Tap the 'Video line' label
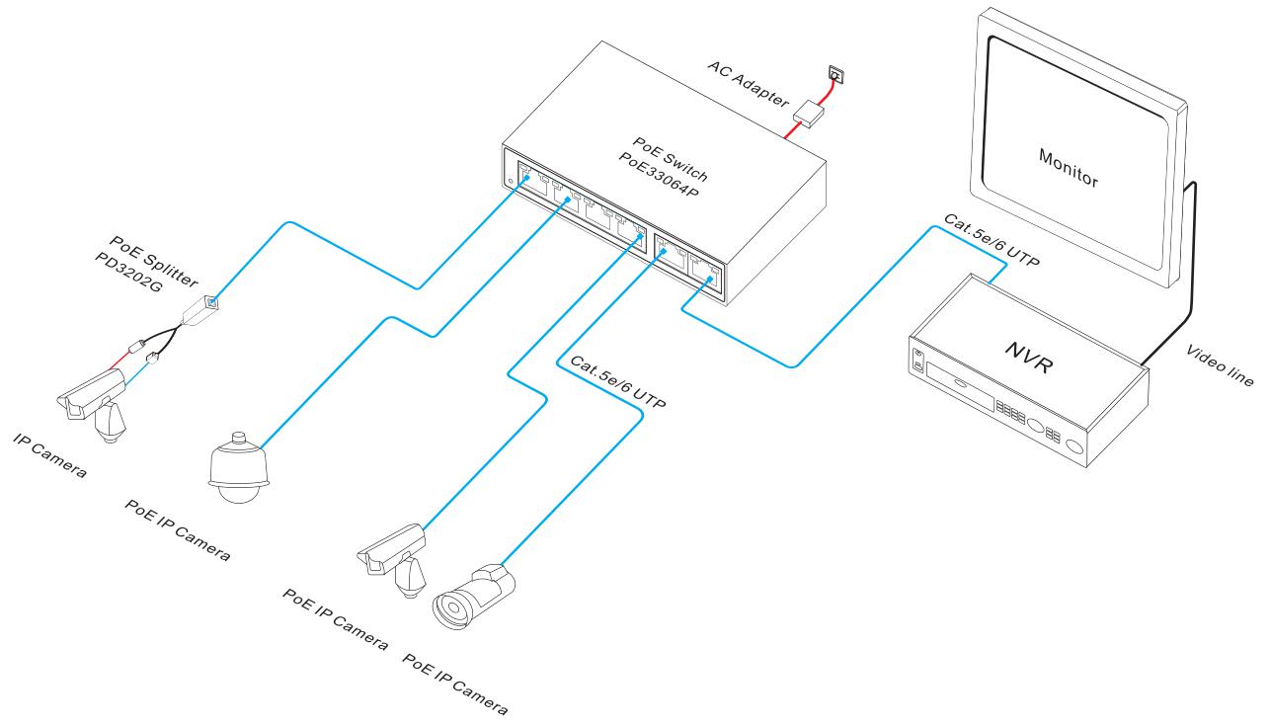[1218, 366]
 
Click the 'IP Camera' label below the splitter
[49, 452]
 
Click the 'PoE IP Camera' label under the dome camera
[178, 528]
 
